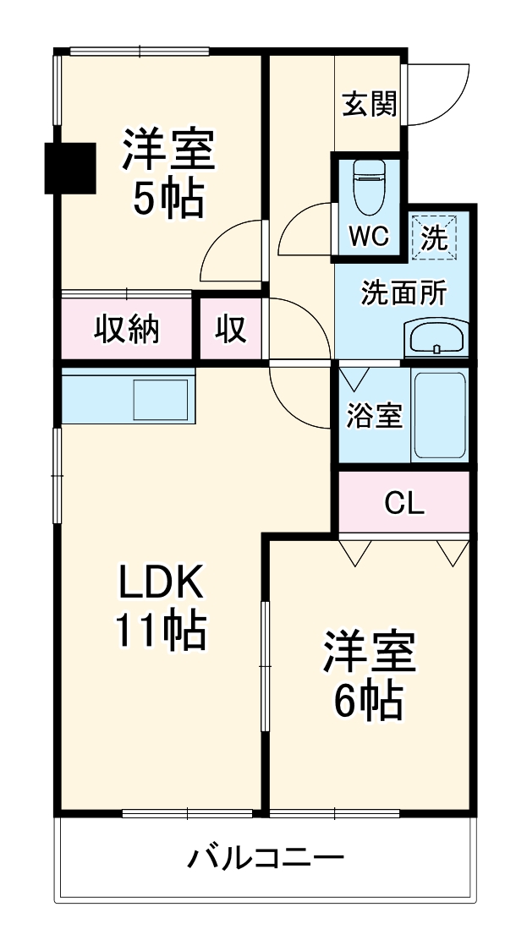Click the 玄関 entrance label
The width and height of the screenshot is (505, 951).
tap(369, 104)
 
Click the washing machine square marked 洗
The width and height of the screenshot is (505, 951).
tap(433, 238)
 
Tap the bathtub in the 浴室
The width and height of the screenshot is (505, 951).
tap(440, 416)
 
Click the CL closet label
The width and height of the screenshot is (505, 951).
tap(404, 502)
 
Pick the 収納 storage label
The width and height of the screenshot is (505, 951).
tap(126, 331)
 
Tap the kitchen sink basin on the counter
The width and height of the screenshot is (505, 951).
tap(161, 399)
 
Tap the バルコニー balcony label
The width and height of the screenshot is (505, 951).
tap(266, 858)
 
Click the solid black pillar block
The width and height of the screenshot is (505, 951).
tap(70, 168)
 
